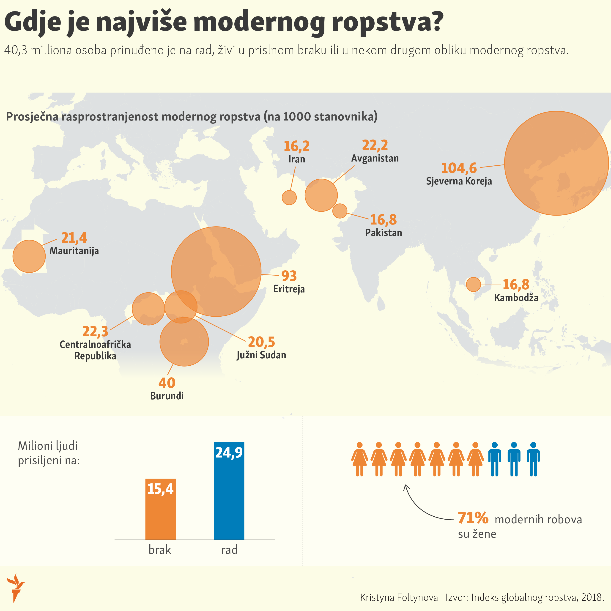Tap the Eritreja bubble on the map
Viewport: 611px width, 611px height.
point(216,271)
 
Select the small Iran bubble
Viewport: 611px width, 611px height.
point(289,198)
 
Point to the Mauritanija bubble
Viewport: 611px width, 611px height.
point(29,256)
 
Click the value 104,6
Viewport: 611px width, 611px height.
point(459,168)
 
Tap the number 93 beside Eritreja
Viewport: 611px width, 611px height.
point(289,276)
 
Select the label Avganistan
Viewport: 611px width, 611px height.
point(375,158)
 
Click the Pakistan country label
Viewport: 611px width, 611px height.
point(383,233)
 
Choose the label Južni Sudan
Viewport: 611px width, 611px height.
point(261,355)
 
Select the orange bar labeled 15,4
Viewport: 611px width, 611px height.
point(160,509)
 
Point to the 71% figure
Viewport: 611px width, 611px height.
point(473,518)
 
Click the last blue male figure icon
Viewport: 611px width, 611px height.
point(533,459)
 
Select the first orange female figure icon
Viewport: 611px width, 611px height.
point(360,459)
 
